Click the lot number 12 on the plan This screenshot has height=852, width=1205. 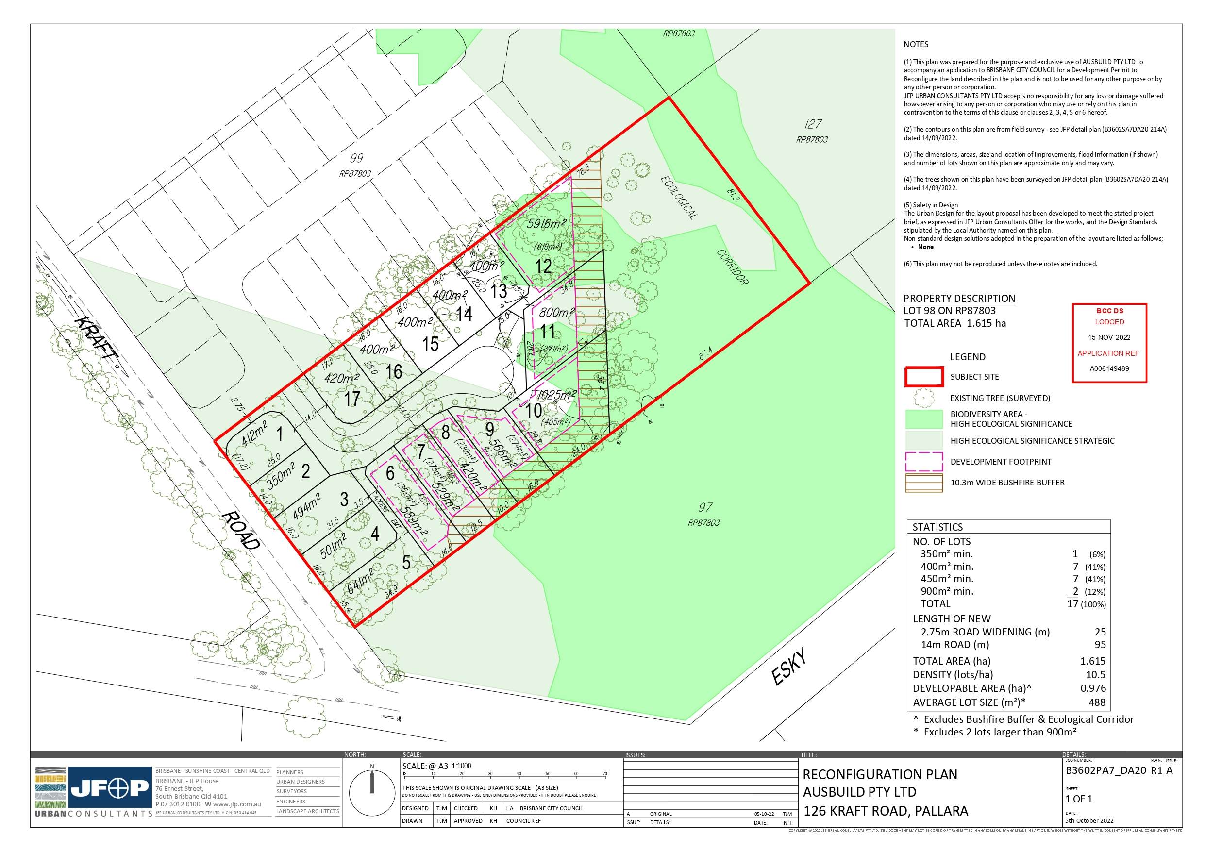(x=543, y=266)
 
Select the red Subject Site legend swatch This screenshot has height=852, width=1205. (x=924, y=377)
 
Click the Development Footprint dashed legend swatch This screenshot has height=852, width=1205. (x=924, y=461)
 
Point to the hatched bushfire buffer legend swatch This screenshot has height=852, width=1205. (x=924, y=483)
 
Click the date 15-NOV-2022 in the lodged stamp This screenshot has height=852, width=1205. (x=1109, y=337)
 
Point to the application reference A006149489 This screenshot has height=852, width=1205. (x=1109, y=368)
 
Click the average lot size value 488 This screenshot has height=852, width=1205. (x=1097, y=702)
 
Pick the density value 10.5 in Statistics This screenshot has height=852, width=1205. (x=1096, y=675)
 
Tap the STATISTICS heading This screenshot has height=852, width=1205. (x=937, y=527)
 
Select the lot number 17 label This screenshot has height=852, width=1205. (x=351, y=399)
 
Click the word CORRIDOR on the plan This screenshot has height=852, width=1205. (x=732, y=267)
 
